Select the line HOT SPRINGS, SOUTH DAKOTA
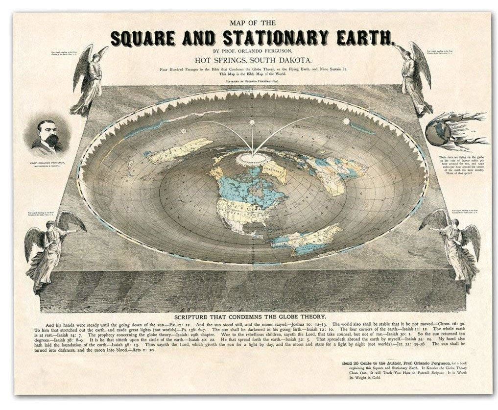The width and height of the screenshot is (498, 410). tap(254, 60)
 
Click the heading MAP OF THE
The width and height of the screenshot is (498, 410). tap(253, 23)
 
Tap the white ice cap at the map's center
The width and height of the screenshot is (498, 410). tap(250, 159)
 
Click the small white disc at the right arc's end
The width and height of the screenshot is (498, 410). tap(346, 121)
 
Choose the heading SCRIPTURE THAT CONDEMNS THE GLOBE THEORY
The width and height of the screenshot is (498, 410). tap(254, 317)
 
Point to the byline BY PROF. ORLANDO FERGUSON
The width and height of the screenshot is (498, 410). tap(254, 50)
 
